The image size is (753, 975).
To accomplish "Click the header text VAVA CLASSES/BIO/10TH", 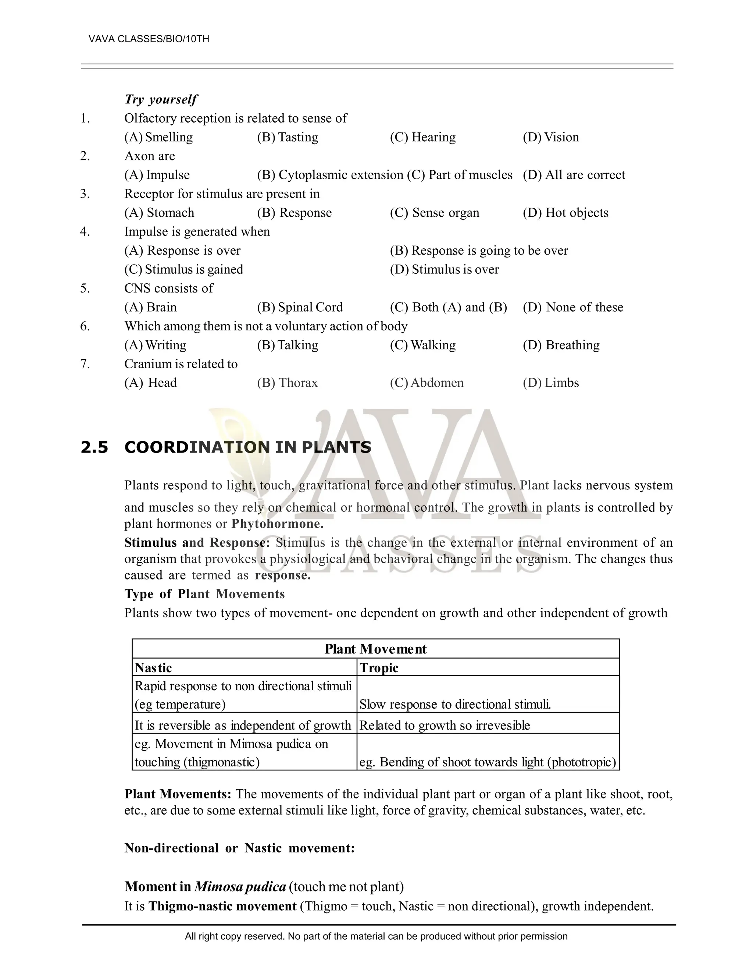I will tap(149, 39).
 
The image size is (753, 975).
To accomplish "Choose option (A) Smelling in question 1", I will tap(159, 137).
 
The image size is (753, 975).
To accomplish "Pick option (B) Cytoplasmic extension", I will tap(330, 175).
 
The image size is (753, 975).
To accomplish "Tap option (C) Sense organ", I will tap(435, 213).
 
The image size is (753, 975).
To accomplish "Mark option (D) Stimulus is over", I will tap(444, 270).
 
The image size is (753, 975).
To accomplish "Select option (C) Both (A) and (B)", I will tap(448, 308).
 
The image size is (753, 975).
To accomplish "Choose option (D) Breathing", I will tap(561, 345).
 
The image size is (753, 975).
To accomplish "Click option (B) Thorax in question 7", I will tap(287, 383).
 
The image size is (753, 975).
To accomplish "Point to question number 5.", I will tap(85, 288).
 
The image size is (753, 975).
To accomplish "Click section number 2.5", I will tap(94, 447).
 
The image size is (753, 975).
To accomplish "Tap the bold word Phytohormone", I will tap(278, 524).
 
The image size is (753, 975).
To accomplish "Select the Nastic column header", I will tap(153, 668).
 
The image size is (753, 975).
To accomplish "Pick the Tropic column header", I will tap(379, 668).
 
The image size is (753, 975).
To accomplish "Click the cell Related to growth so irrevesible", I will tap(444, 726).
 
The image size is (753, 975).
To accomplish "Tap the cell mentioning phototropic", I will tap(488, 762).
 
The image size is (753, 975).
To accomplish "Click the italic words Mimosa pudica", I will tap(240, 887).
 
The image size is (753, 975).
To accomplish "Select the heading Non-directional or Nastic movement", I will tap(240, 848).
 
